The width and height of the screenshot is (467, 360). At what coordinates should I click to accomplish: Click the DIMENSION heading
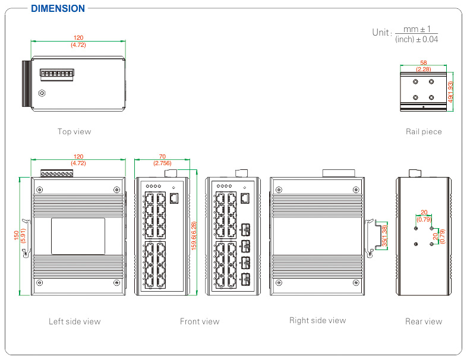[x=58, y=9]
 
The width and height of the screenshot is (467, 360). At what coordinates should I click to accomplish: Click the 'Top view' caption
[x=74, y=131]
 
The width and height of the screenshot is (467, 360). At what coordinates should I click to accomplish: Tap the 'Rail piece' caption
[x=424, y=131]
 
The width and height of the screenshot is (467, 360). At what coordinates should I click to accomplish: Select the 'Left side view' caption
[x=74, y=321]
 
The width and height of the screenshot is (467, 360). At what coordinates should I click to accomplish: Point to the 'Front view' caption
[x=200, y=321]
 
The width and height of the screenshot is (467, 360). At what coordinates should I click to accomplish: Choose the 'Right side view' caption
[x=317, y=320]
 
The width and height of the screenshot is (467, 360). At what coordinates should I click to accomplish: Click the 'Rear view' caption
[x=424, y=321]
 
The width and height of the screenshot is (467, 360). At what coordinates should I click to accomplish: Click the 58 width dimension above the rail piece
[x=424, y=62]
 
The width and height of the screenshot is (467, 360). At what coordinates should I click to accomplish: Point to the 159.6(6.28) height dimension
[x=194, y=236]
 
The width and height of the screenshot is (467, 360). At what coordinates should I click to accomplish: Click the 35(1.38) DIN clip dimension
[x=385, y=236]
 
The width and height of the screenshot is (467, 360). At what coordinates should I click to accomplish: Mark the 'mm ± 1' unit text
[x=416, y=29]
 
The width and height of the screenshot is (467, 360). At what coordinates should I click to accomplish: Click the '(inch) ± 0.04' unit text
[x=416, y=39]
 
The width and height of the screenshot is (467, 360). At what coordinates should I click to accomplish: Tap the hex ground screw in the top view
[x=42, y=93]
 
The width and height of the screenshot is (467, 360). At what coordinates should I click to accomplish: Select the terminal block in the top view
[x=56, y=74]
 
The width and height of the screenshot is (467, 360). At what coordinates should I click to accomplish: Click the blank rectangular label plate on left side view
[x=78, y=236]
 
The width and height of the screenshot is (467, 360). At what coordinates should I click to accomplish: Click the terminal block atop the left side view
[x=58, y=173]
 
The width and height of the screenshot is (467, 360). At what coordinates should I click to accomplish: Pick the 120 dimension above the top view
[x=78, y=38]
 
